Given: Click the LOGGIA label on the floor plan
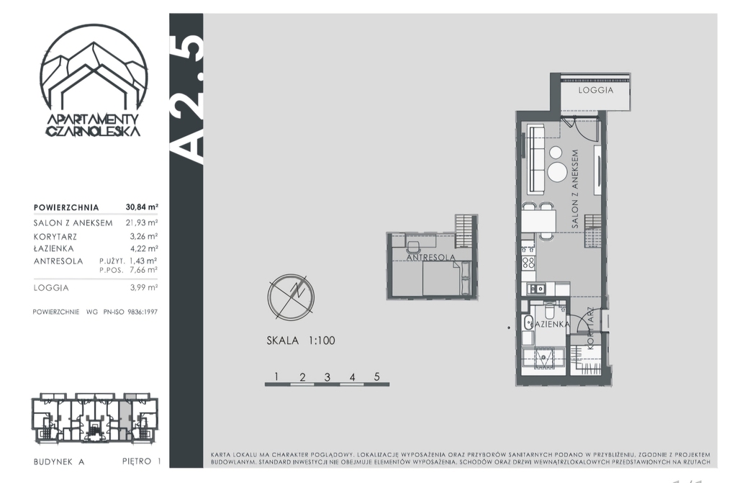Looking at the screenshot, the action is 595,90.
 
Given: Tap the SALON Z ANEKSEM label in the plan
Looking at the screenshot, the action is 575,189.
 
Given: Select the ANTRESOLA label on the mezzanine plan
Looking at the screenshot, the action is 430,258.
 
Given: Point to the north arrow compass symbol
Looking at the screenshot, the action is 291,297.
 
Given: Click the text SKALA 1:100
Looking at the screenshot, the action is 301,340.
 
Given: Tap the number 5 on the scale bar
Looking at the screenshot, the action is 376,376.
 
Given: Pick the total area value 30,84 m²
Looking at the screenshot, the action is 142,207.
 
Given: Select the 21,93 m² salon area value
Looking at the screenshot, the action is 142,222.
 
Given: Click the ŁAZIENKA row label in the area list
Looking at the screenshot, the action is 53,248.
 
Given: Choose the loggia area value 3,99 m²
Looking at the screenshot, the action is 144,287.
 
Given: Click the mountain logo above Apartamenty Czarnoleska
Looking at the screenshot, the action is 94,71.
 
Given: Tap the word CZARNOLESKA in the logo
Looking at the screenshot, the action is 93,131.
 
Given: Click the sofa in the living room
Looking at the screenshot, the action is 535,159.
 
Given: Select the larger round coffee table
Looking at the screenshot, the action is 558,172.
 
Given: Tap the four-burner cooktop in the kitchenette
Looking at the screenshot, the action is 528,263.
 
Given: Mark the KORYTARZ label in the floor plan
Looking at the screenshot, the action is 591,328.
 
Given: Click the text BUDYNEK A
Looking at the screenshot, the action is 59,462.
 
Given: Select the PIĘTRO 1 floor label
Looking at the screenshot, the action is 142,461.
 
